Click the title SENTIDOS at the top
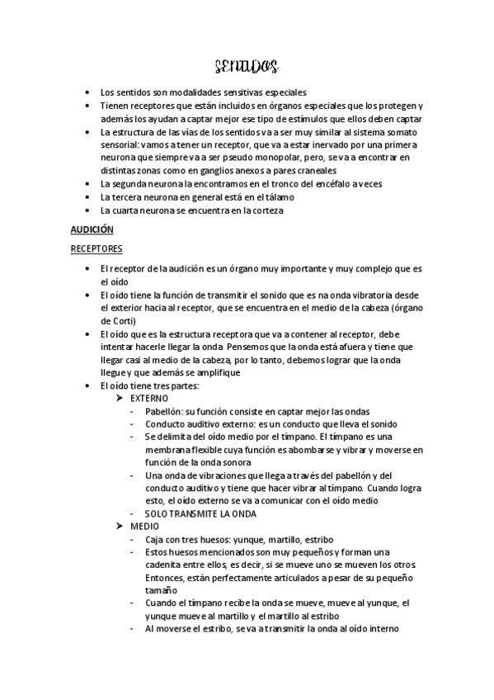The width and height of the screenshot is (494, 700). pyautogui.click(x=245, y=65)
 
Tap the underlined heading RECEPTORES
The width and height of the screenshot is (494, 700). pyautogui.click(x=96, y=247)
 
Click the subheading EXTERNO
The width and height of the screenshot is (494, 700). pyautogui.click(x=148, y=398)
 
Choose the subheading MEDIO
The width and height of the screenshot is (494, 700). pyautogui.click(x=144, y=526)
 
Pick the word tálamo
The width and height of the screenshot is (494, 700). pyautogui.click(x=272, y=196)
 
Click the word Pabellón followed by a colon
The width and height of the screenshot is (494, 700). pyautogui.click(x=164, y=411)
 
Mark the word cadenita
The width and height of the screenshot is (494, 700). pyautogui.click(x=164, y=565)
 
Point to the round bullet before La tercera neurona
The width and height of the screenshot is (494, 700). pyautogui.click(x=88, y=196)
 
